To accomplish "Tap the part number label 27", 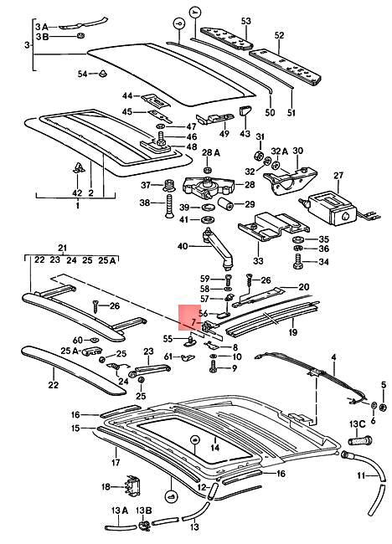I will [x=338, y=176].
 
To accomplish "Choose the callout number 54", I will [x=82, y=74].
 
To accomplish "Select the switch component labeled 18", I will [x=130, y=486].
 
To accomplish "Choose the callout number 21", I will [x=61, y=248].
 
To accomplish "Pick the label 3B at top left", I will [x=43, y=38].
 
